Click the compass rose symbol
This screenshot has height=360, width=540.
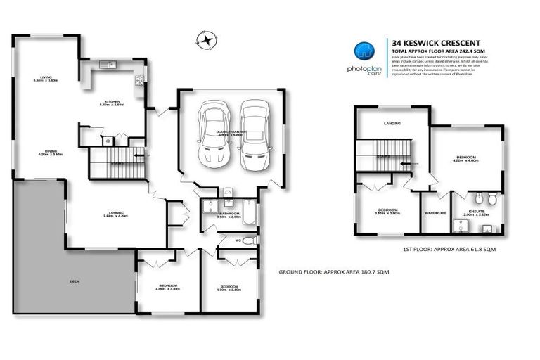click(x=205, y=41)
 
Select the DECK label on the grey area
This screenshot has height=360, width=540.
click(x=75, y=281)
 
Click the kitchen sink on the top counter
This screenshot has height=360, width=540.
click(x=108, y=65)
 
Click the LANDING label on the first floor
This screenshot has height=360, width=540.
click(x=392, y=123)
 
